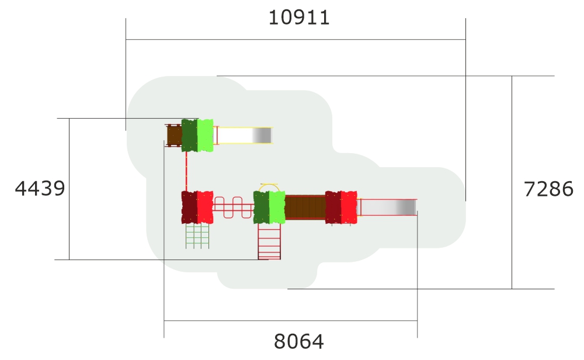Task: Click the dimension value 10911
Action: tap(299, 18)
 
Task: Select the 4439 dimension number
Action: tap(40, 188)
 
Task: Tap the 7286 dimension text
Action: tap(548, 189)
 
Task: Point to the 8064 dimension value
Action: tap(298, 341)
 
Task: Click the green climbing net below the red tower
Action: tap(197, 236)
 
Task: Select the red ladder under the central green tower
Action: tap(269, 241)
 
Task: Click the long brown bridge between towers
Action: tap(305, 207)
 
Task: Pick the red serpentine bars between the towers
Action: tap(234, 207)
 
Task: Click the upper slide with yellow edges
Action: tap(244, 135)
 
